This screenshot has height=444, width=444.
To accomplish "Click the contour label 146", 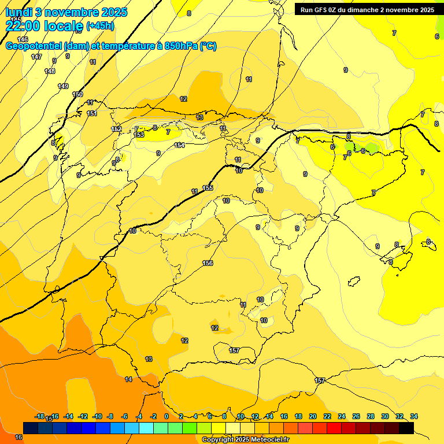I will [x=23, y=39].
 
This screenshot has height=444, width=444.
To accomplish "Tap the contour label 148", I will [x=50, y=71].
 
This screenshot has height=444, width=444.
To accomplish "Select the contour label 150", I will [x=77, y=94].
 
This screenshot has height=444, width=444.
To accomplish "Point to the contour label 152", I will [x=117, y=129].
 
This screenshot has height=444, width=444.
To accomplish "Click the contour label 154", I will [x=179, y=145].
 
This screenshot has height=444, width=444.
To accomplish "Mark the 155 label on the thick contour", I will [x=208, y=188].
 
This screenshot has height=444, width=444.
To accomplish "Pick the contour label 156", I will [x=208, y=263].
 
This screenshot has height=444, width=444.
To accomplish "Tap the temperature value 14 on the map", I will [x=128, y=379].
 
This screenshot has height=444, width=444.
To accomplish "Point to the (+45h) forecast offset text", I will [x=100, y=26].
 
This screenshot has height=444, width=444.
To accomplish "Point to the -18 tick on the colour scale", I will [x=40, y=416].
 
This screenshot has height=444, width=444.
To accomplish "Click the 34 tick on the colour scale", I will [x=414, y=416].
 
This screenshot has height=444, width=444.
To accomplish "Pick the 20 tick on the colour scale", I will [x=313, y=416].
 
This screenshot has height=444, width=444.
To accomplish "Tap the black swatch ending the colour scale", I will [x=406, y=428].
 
